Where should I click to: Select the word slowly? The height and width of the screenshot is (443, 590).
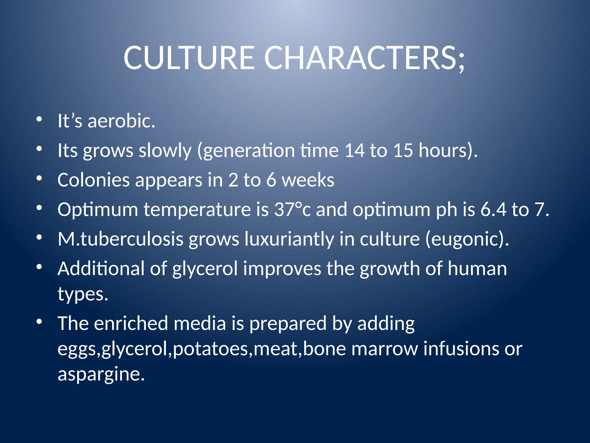click(165, 151)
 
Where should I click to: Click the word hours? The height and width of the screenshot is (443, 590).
click(444, 150)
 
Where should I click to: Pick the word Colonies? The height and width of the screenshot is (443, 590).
click(93, 180)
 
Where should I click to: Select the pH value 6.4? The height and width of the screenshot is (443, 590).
click(493, 209)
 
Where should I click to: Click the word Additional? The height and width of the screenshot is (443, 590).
click(101, 269)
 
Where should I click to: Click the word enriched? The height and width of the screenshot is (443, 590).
click(131, 323)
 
